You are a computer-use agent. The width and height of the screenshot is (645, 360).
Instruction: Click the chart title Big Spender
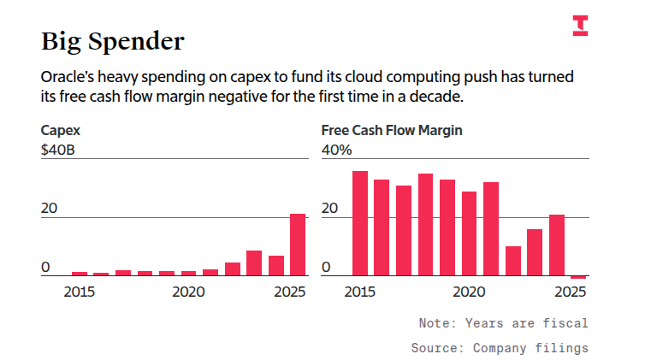coord(113,41)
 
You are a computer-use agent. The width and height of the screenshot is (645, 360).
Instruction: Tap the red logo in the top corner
coord(580,27)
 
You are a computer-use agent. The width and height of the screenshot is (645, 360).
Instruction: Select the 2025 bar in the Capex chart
coord(298,245)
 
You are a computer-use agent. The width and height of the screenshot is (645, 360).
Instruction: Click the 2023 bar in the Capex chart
coord(254,263)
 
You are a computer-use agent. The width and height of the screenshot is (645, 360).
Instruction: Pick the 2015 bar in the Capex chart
coord(80,274)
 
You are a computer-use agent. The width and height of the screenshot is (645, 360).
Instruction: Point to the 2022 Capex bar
coord(232,269)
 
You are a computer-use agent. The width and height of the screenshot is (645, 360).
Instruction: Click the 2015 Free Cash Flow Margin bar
coord(360,223)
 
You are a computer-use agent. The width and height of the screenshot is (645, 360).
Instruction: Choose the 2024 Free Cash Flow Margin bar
coord(557,245)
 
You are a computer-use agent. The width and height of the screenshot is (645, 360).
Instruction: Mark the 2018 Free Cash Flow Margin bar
coord(425,225)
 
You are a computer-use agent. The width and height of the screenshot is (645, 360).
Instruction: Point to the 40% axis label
coord(337,150)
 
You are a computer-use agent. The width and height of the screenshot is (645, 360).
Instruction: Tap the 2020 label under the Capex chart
coord(188,292)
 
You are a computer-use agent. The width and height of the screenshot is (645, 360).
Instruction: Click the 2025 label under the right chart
coord(571,292)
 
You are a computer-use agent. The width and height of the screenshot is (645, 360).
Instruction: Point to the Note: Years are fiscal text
coord(503,323)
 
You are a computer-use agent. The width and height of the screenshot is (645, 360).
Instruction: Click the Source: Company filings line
coord(500,348)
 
